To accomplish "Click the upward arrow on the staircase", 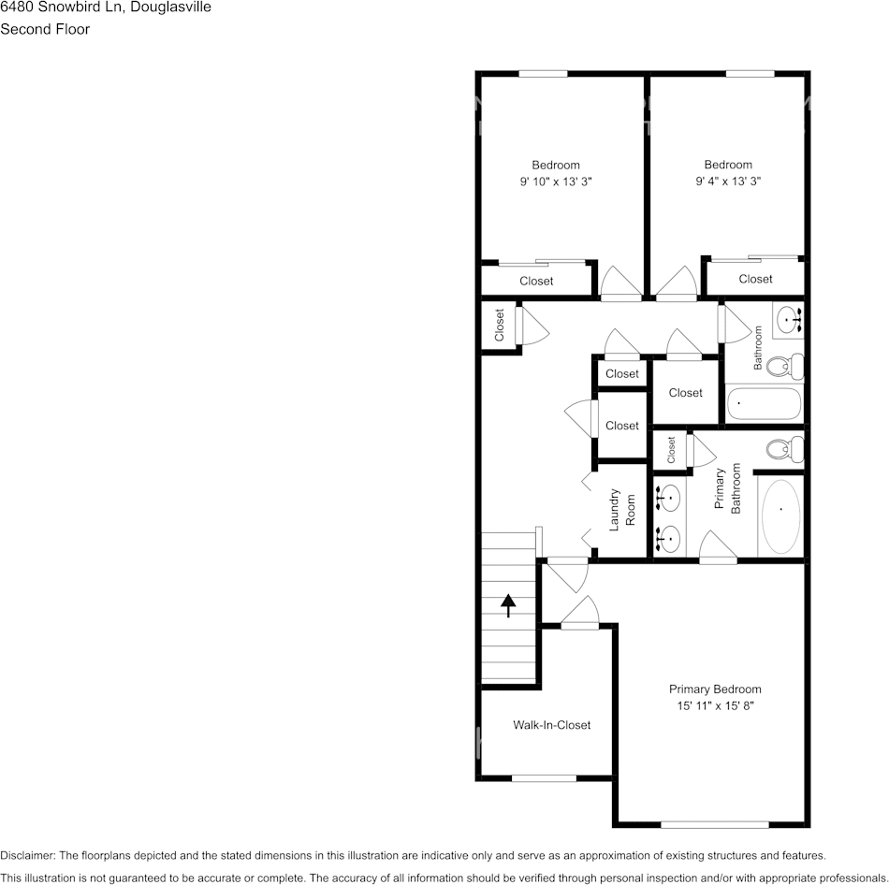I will click(x=508, y=606).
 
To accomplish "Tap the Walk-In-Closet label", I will click(x=551, y=725).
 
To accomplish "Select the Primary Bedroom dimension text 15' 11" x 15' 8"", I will click(x=715, y=706).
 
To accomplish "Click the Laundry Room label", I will click(x=622, y=509).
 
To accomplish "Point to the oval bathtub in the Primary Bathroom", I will click(x=780, y=516).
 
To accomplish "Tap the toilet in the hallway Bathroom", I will click(x=784, y=365).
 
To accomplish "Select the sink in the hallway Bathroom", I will click(x=791, y=319).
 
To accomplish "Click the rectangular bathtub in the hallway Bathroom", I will click(x=765, y=404).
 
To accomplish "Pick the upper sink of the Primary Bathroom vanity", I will click(x=668, y=500).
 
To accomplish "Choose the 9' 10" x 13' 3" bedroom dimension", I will click(x=556, y=182).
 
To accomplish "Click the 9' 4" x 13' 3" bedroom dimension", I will click(x=728, y=182).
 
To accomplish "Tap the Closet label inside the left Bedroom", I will click(x=536, y=281).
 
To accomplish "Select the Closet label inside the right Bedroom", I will click(x=755, y=279).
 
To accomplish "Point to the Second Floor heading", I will click(x=45, y=29).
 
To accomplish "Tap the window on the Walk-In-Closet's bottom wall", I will click(x=544, y=778).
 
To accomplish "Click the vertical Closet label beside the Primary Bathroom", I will click(x=671, y=450).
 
